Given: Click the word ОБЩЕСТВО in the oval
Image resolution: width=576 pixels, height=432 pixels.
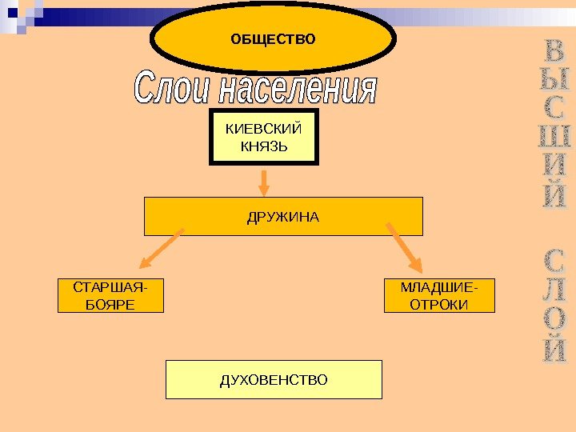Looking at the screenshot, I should pyautogui.click(x=273, y=38).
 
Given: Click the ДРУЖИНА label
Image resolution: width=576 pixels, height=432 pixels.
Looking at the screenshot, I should pyautogui.click(x=283, y=216).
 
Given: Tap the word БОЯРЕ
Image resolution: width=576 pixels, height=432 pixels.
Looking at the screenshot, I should pyautogui.click(x=110, y=304).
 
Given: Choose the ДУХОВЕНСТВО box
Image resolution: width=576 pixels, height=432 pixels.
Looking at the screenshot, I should pyautogui.click(x=274, y=379).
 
